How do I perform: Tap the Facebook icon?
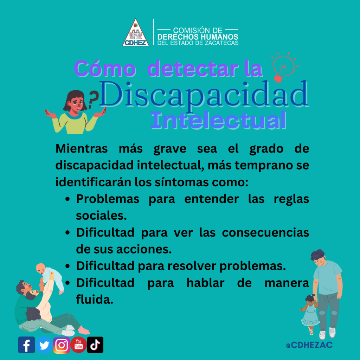click(26, 345)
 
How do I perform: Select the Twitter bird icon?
click(44, 345)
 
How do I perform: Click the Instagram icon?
click(62, 345)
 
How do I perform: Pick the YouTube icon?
click(78, 345)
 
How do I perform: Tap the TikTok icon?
click(95, 345)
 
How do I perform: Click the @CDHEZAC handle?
click(309, 345)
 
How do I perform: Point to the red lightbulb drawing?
click(284, 67)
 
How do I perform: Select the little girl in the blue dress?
click(310, 314)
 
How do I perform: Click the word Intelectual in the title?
click(218, 120)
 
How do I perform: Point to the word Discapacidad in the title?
click(204, 94)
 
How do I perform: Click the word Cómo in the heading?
click(105, 69)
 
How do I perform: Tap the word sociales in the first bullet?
click(101, 216)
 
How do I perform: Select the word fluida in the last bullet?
click(95, 300)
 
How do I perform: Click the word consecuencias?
click(265, 232)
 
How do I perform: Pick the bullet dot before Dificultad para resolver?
click(67, 266)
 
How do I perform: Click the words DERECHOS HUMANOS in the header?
click(198, 37)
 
